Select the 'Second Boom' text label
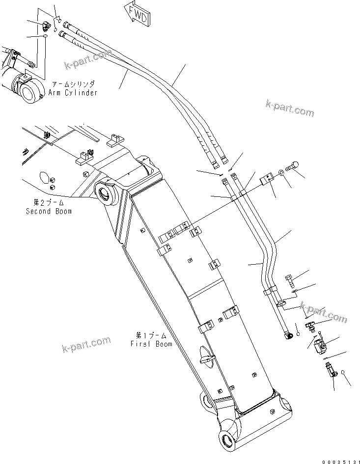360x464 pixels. tap(49, 211)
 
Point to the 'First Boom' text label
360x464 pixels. tap(151, 344)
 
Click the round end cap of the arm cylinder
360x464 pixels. tap(28, 91)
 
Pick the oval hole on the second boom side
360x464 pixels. tap(43, 177)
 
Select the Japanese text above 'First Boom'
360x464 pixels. tap(151, 335)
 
